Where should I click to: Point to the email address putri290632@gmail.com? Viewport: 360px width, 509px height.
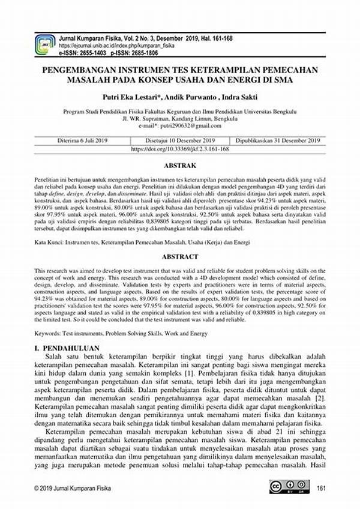pos(187,125)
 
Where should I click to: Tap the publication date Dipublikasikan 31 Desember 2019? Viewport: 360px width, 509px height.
pos(278,140)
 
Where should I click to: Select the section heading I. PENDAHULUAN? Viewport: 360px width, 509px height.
pos(68,348)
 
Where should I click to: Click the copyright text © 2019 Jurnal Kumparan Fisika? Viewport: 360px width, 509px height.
pos(74,487)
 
